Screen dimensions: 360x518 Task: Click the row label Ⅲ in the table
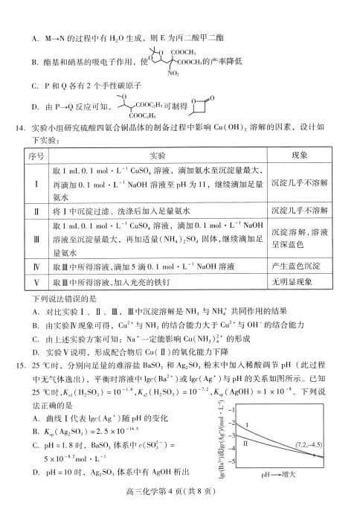coord(37,240)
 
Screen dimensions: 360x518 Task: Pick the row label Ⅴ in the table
coord(37,283)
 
